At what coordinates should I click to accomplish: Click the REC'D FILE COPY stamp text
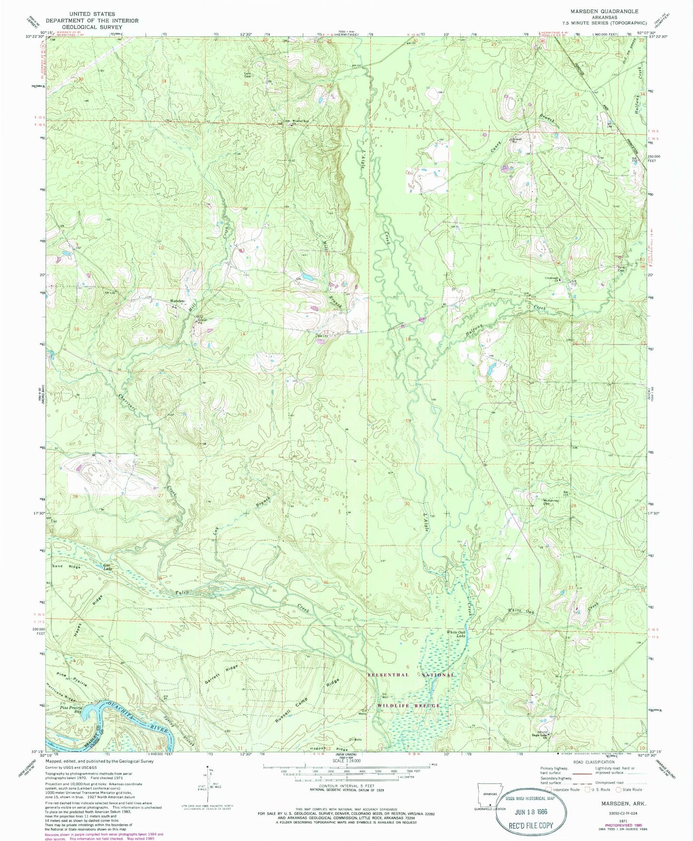click(x=530, y=825)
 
